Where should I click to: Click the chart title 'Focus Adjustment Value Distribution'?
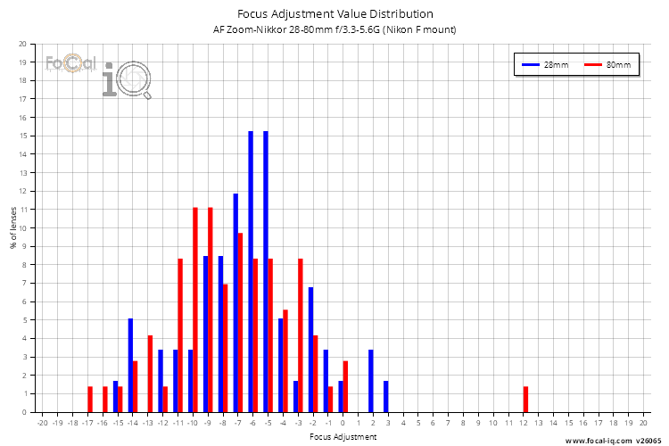click(334, 13)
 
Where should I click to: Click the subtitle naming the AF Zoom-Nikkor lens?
click(334, 29)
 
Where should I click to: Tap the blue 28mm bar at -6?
click(251, 271)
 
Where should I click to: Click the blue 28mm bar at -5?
click(266, 271)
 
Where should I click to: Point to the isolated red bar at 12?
click(526, 399)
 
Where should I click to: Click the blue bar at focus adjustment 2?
click(371, 381)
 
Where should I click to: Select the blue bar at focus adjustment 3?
click(386, 396)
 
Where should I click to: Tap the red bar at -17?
click(90, 399)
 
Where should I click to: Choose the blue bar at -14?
click(130, 365)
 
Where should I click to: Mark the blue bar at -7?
click(235, 302)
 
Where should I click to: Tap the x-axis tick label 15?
click(568, 423)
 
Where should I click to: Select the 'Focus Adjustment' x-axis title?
click(343, 437)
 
